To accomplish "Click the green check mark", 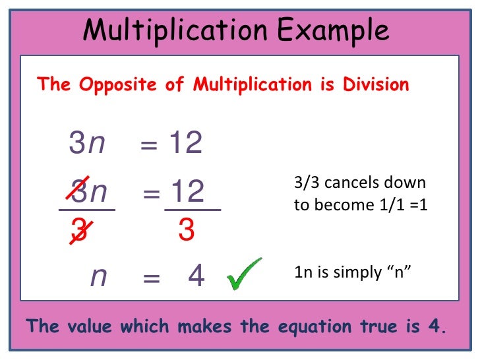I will coord(244,274).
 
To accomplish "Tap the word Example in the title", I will coord(331,30).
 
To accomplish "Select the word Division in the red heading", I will coord(376,84).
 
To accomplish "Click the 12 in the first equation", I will coord(185,142).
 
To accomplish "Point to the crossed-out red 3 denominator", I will coord(80,231).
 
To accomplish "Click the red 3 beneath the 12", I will coord(187,231).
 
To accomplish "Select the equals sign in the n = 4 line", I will coord(152,278).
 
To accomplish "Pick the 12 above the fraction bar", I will coord(187,191).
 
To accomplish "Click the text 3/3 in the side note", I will coord(306,183).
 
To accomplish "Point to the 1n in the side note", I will coord(302,272).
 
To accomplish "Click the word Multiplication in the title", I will coord(174,30).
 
